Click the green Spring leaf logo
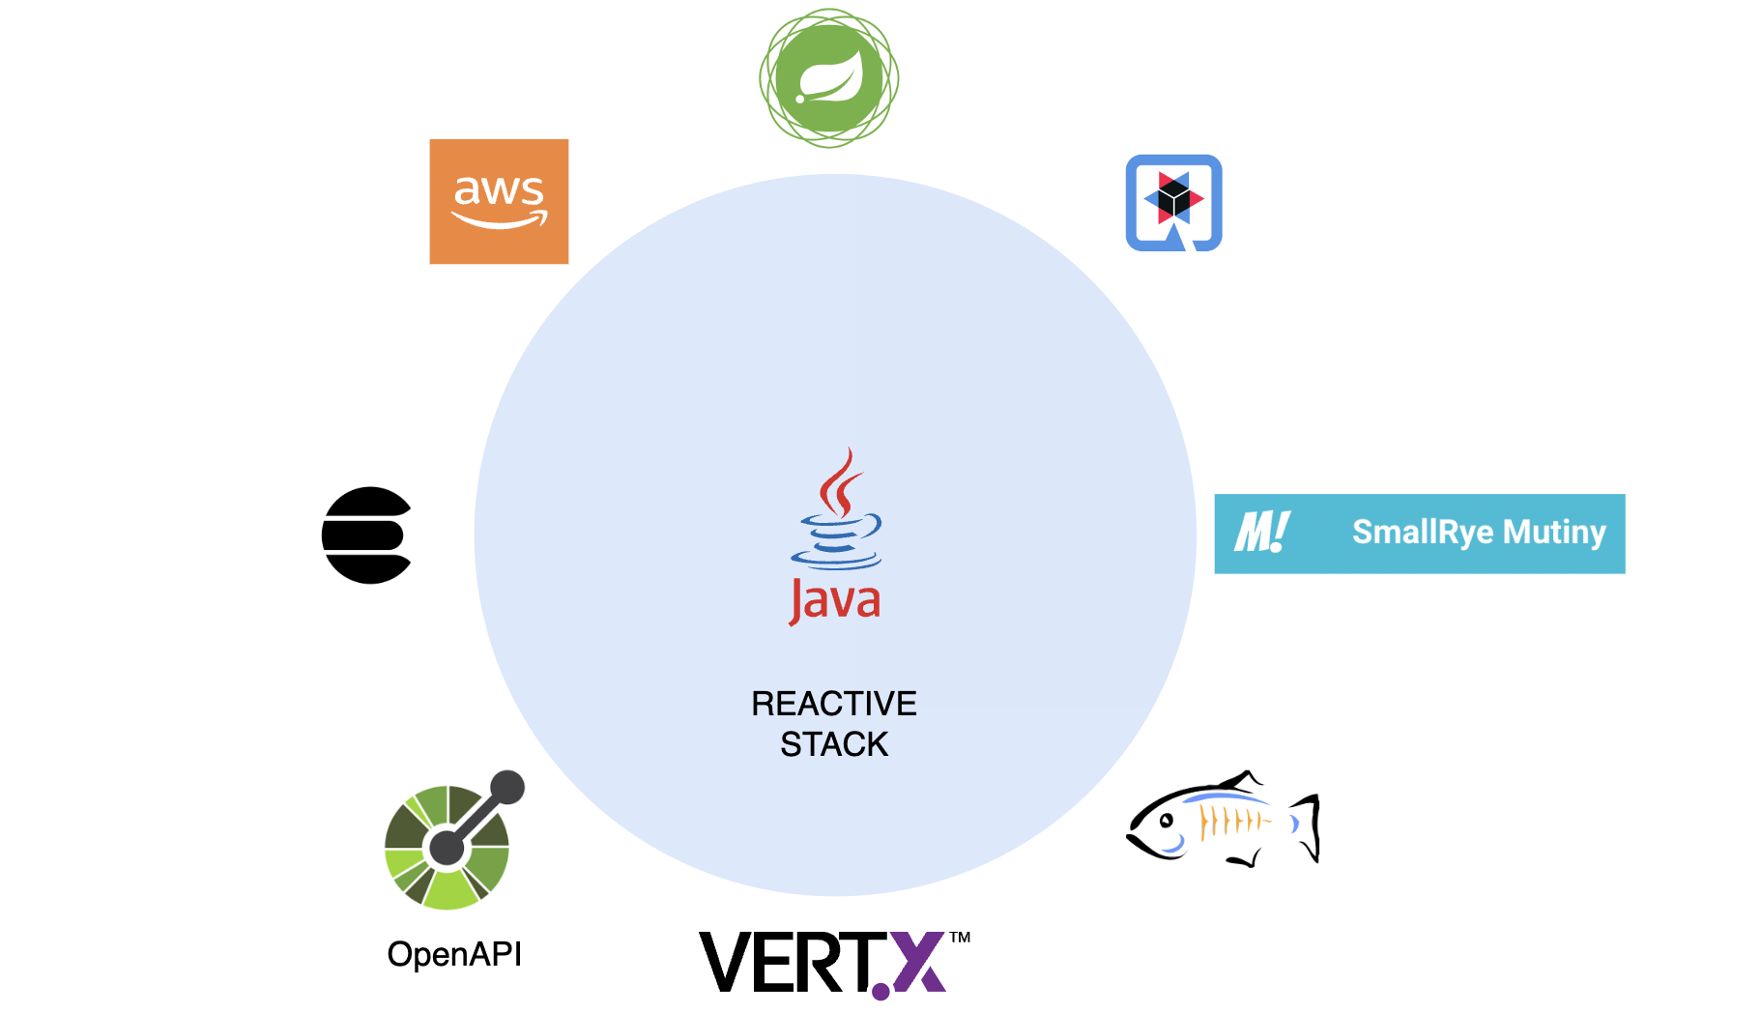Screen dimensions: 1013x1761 coord(829,77)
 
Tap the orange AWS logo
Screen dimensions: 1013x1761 coord(499,201)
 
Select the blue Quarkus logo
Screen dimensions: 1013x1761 coord(1173,203)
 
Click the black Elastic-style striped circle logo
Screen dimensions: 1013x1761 coord(366,535)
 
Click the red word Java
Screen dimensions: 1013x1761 coord(835,601)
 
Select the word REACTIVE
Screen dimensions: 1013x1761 coord(834,704)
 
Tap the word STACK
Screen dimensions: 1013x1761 coord(834,744)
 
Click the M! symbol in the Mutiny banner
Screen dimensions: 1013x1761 coord(1261,532)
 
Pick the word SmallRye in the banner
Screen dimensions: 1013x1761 coord(1423,532)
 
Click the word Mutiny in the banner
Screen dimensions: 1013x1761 coord(1554,532)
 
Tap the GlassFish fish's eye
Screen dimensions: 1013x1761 coord(1167,821)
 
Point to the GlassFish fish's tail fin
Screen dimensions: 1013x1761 coord(1307,826)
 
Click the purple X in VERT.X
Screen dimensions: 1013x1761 coord(918,962)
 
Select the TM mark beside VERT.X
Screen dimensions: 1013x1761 coord(960,937)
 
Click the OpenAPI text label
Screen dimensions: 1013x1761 coord(454,954)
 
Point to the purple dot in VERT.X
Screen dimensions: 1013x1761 coord(880,991)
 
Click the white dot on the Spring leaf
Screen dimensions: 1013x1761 coord(800,99)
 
